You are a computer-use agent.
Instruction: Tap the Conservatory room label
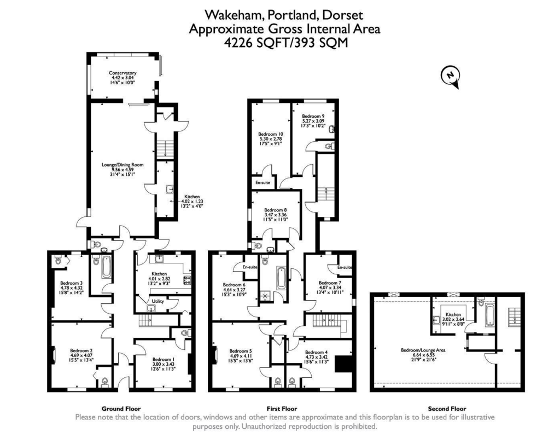click(x=122, y=73)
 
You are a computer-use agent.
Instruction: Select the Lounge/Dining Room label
click(x=122, y=164)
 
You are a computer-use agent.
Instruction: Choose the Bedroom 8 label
click(x=275, y=210)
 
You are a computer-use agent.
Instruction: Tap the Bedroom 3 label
click(x=71, y=284)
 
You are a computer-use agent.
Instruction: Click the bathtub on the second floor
click(x=488, y=314)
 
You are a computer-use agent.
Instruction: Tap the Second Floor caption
click(x=447, y=409)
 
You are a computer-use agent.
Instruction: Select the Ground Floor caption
click(x=121, y=409)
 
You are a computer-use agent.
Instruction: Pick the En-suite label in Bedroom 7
click(x=344, y=267)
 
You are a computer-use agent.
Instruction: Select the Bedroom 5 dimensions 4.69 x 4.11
click(x=240, y=356)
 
